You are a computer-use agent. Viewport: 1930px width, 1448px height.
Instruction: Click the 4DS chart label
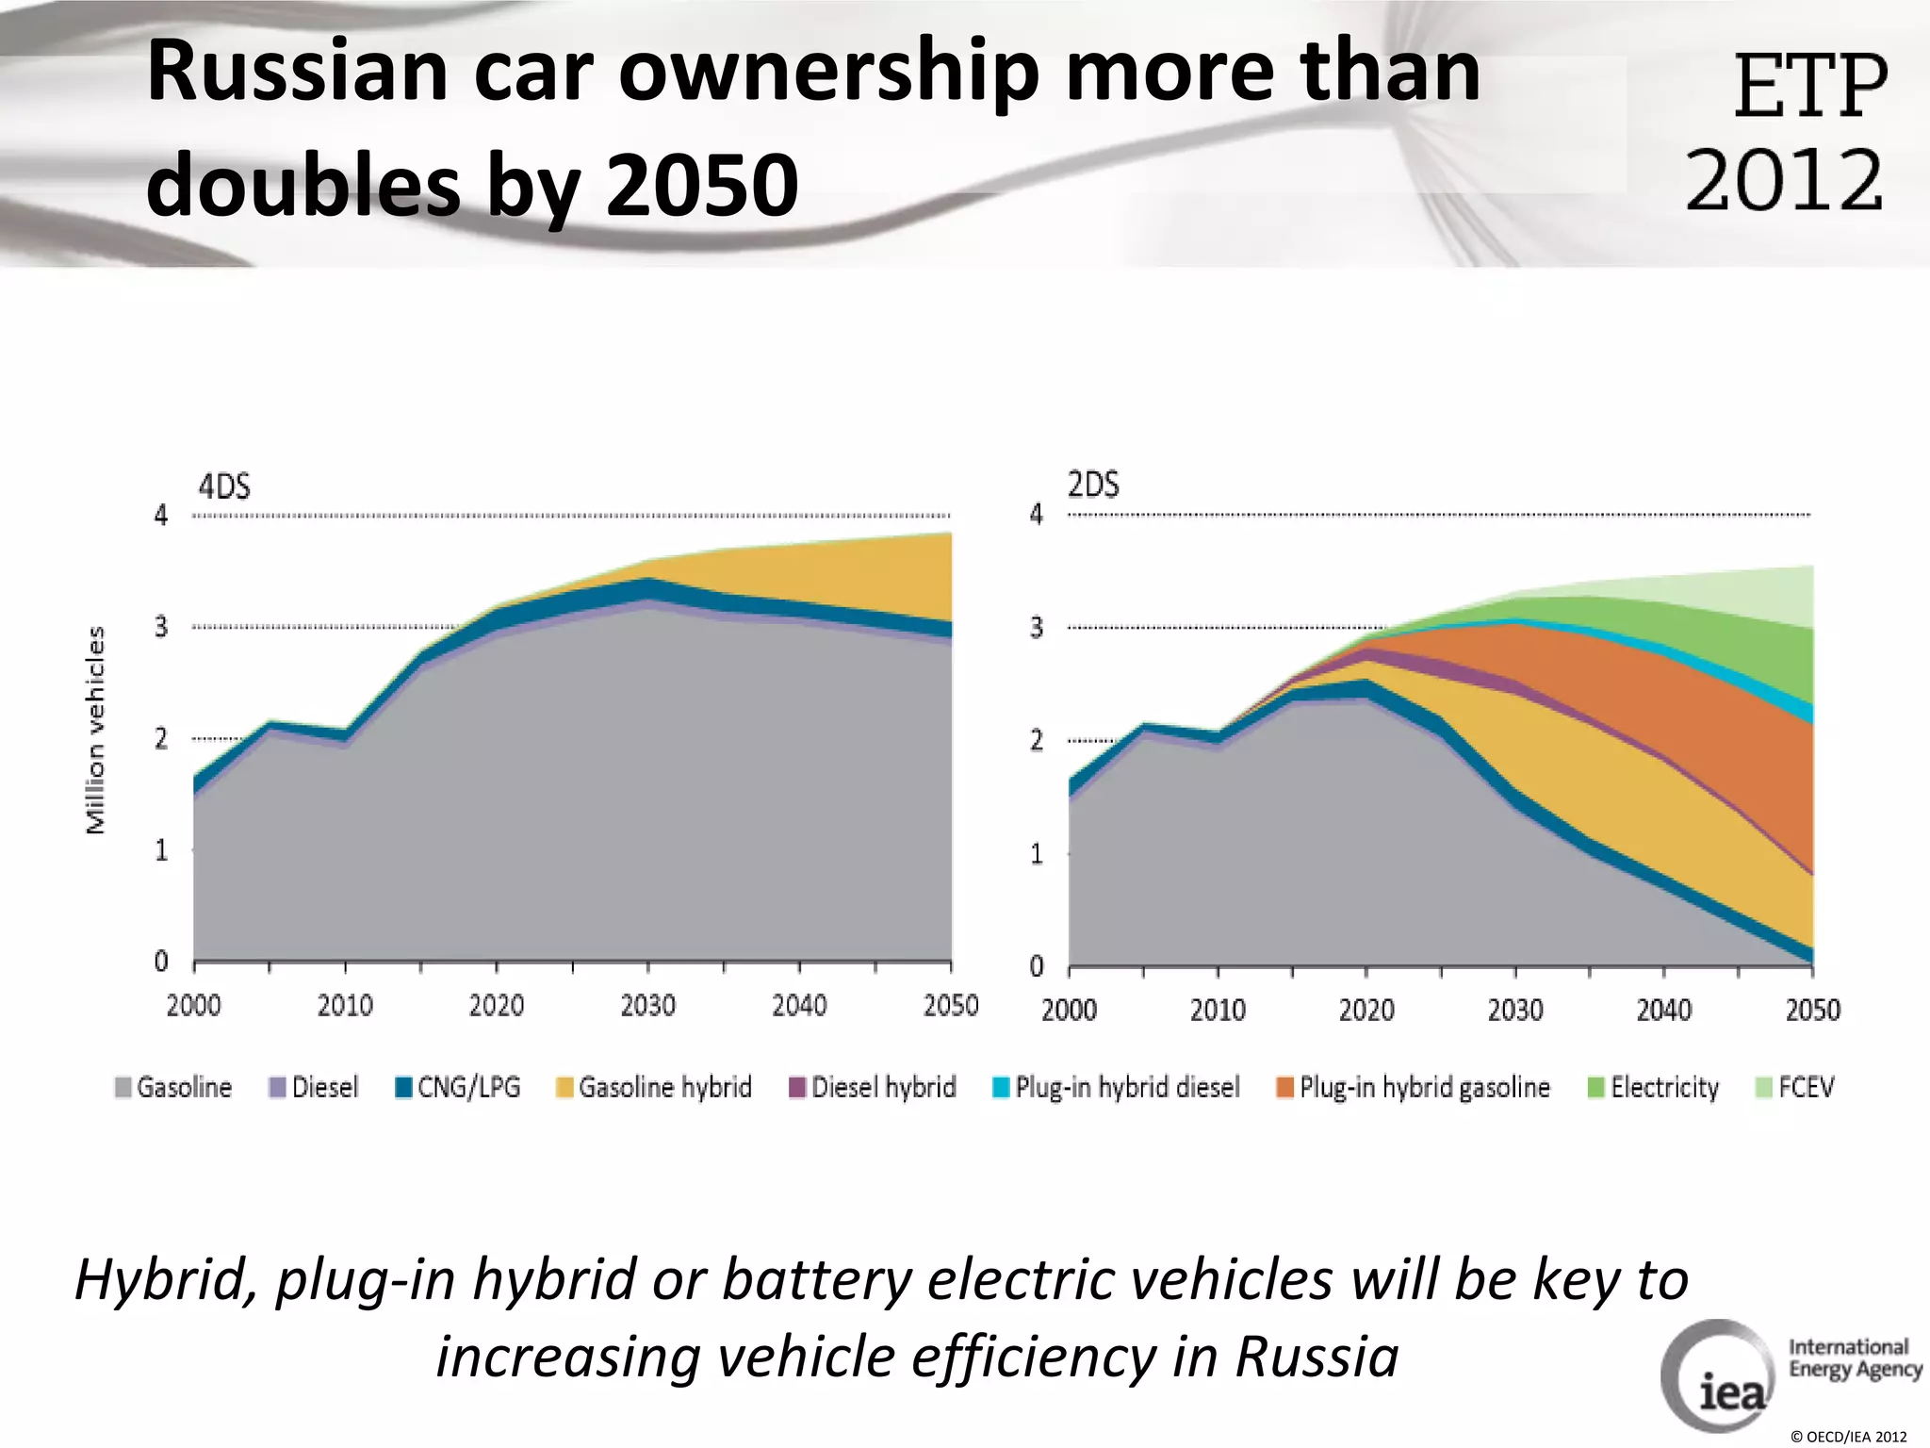224,486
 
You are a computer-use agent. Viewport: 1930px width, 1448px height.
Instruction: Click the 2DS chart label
1093,485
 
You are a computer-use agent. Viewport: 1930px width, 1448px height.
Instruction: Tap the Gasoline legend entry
173,1087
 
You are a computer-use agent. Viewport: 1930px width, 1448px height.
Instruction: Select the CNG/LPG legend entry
458,1087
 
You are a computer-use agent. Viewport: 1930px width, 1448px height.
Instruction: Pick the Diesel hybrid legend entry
873,1087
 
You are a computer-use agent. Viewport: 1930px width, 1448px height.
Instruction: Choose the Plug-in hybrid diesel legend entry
1117,1087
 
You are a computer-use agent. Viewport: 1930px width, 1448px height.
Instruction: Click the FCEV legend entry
1795,1087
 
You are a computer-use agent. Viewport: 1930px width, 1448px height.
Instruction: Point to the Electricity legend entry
1654,1087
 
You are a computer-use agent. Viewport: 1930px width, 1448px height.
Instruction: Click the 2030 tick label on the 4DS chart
647,1006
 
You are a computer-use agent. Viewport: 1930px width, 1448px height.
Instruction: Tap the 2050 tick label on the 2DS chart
1812,1011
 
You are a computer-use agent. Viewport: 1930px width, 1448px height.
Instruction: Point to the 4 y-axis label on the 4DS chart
161,515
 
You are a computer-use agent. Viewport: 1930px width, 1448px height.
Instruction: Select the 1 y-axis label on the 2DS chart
1036,854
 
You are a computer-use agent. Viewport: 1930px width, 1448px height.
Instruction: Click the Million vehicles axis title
95,731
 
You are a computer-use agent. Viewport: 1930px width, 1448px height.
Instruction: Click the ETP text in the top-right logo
1809,87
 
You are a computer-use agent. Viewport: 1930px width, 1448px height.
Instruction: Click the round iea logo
1718,1376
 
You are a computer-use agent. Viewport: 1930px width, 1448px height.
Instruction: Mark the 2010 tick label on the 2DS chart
1218,1011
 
